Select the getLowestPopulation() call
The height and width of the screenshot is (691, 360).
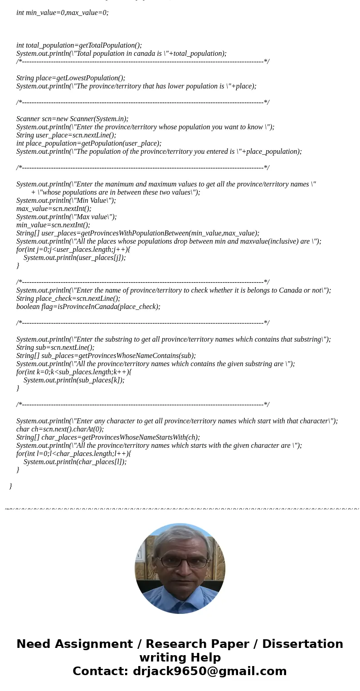click(91, 78)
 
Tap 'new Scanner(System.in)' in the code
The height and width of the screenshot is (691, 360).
click(92, 119)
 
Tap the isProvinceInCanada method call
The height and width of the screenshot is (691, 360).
click(109, 307)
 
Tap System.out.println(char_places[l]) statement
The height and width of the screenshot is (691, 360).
click(75, 462)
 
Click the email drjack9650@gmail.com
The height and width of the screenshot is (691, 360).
click(209, 671)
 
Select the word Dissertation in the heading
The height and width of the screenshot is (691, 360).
click(302, 644)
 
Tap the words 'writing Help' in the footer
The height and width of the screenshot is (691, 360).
click(180, 657)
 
